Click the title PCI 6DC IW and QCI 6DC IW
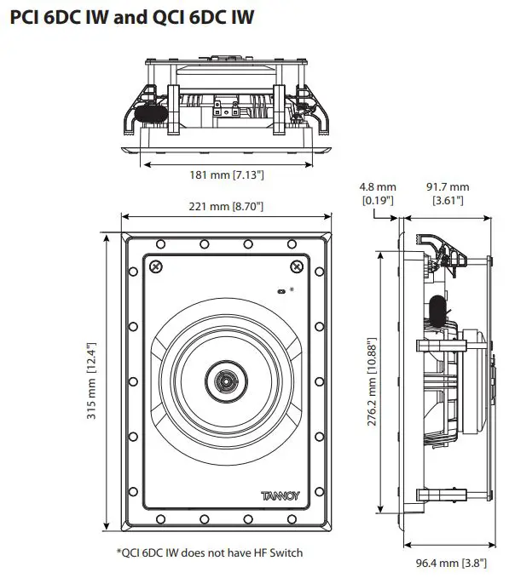pos(131,16)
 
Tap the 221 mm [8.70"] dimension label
pos(225,206)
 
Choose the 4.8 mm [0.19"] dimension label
pos(378,193)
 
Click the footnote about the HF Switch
pos(209,552)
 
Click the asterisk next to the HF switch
pos(292,290)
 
